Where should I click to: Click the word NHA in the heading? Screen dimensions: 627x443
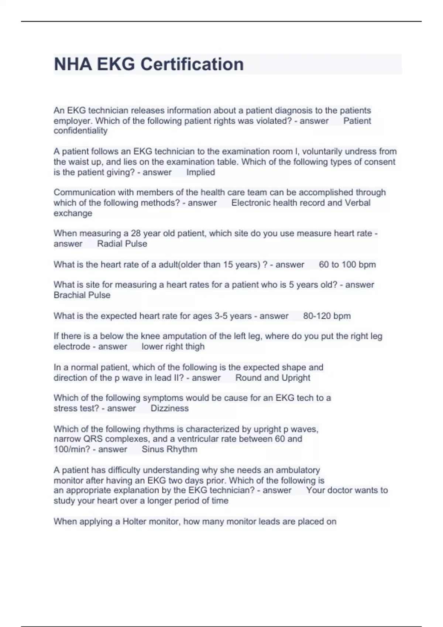[73, 65]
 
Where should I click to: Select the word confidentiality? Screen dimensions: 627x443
[80, 131]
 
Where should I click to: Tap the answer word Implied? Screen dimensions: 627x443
[200, 172]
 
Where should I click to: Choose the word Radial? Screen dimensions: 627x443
[109, 244]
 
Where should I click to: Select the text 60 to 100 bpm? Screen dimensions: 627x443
[347, 265]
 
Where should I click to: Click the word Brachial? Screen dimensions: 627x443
[69, 295]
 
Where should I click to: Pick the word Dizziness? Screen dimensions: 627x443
[169, 409]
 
